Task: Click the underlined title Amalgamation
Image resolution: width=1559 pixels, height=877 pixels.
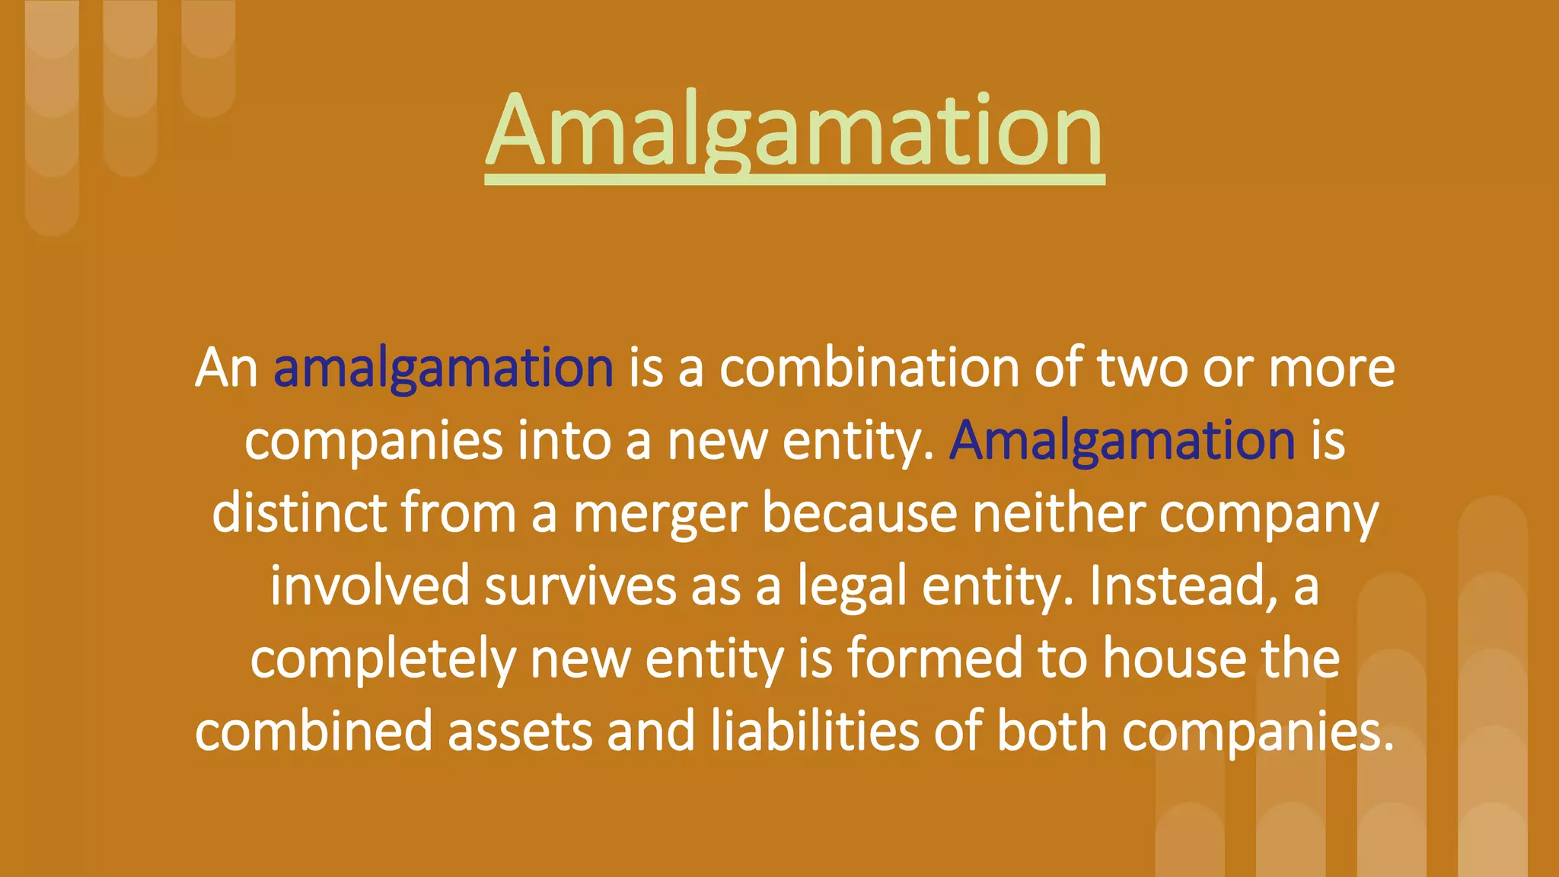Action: [794, 131]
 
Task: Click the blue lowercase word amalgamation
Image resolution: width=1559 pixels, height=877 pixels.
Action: [443, 368]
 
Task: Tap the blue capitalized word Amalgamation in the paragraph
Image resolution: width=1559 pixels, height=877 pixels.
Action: [1121, 441]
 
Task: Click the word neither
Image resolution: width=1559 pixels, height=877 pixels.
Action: [1059, 514]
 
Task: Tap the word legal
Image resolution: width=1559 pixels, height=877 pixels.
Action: [852, 586]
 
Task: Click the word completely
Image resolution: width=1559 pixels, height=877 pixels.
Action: [383, 659]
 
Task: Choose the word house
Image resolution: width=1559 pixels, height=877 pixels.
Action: [1175, 659]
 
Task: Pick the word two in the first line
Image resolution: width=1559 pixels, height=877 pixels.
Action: [1142, 368]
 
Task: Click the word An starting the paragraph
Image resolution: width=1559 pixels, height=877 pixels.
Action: [226, 368]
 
